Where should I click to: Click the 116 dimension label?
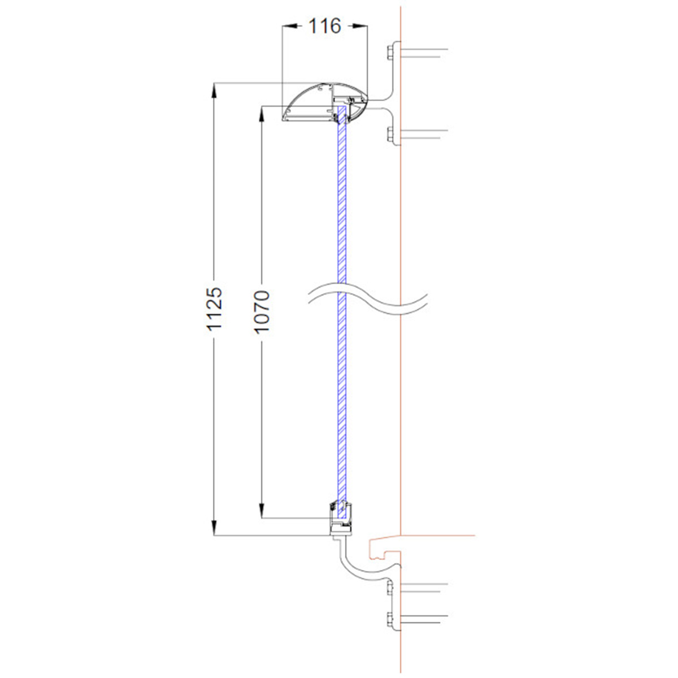tap(325, 26)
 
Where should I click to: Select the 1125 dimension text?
tap(214, 308)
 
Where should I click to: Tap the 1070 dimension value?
tap(262, 311)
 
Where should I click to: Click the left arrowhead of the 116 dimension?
tap(289, 25)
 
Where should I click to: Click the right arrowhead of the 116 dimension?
tap(361, 25)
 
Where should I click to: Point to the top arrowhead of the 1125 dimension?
tap(214, 89)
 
